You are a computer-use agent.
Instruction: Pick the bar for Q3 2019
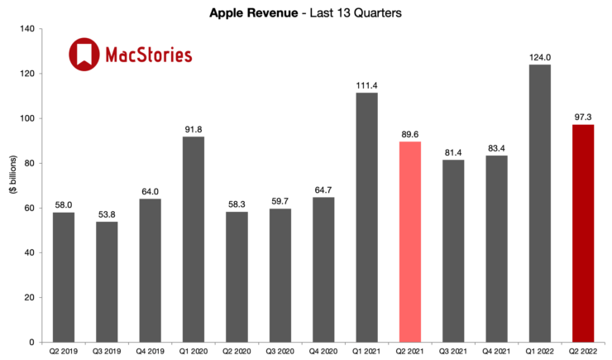(x=108, y=281)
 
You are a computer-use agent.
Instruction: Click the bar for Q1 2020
(x=194, y=239)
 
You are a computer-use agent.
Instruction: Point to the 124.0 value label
(x=539, y=56)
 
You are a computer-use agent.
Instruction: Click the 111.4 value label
(x=366, y=84)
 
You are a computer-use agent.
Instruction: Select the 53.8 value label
(x=108, y=213)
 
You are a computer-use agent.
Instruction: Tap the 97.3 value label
(x=582, y=116)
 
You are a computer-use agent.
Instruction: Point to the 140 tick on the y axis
(x=26, y=29)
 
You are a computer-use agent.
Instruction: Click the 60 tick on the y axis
(x=30, y=208)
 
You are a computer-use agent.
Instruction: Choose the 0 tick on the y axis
(x=33, y=342)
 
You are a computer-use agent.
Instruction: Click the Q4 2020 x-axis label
(x=323, y=351)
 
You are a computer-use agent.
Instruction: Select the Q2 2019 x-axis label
(x=65, y=351)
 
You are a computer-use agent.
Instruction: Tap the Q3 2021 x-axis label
(x=452, y=351)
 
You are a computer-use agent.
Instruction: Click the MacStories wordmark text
(x=149, y=55)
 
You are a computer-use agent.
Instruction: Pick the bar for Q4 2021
(x=496, y=248)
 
